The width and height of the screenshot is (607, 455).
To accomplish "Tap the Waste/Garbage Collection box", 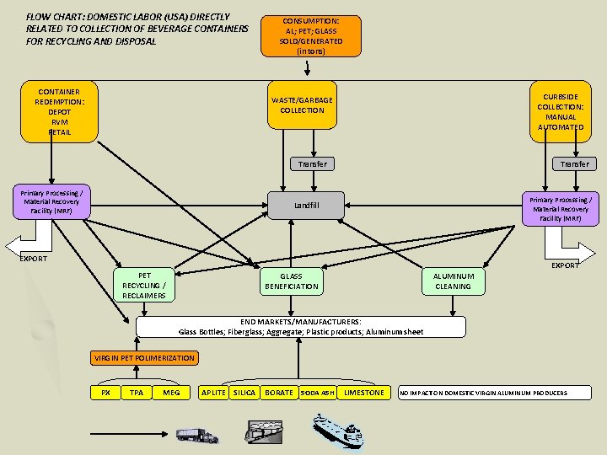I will [302, 105].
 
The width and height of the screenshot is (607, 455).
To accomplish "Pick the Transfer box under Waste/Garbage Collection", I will [312, 163].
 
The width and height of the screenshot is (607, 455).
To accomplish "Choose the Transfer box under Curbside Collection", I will [575, 163].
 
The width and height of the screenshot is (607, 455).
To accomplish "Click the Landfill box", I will [306, 205].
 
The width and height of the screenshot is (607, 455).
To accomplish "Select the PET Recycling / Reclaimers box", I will [144, 285].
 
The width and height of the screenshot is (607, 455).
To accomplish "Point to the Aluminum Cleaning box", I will [454, 281].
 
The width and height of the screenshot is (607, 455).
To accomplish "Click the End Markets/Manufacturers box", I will [301, 327].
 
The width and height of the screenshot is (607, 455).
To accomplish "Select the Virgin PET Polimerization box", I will [144, 358].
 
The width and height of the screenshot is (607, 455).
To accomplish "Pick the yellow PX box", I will [105, 393].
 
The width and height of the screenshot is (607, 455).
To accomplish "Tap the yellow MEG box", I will [171, 393].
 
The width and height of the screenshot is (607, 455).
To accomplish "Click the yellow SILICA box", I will [244, 393].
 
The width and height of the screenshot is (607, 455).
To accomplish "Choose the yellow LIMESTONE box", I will [364, 393].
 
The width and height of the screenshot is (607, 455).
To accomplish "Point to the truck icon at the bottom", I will [196, 435].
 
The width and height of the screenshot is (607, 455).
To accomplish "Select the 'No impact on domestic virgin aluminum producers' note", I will [484, 393].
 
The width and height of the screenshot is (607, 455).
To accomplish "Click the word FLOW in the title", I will [39, 16].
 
